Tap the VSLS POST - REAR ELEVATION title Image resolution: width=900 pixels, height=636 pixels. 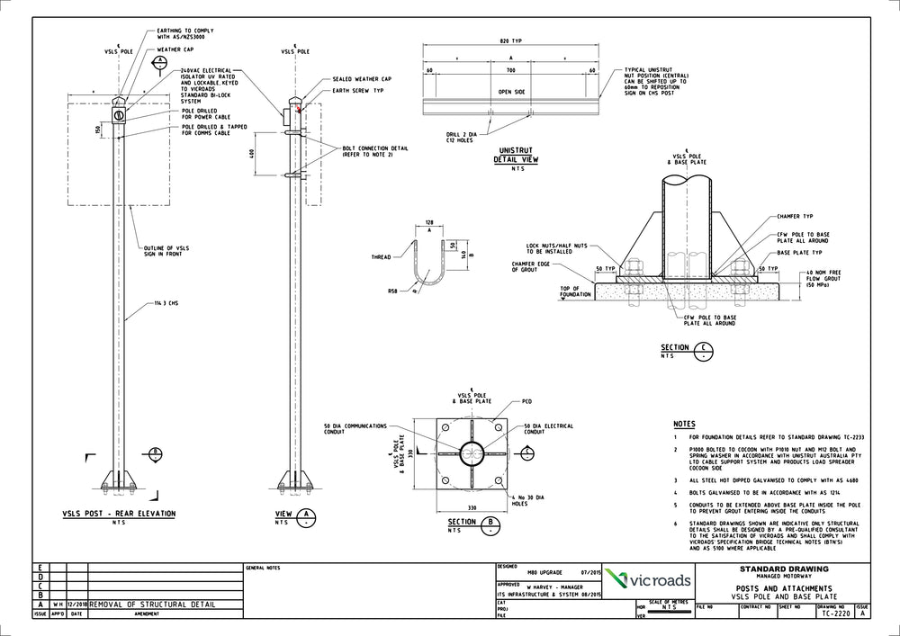click(x=119, y=514)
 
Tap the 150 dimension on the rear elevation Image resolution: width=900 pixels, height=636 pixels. click(x=98, y=129)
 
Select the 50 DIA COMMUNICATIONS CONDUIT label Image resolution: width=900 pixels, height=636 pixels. click(x=355, y=429)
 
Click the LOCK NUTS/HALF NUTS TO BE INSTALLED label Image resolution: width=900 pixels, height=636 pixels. click(x=558, y=248)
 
